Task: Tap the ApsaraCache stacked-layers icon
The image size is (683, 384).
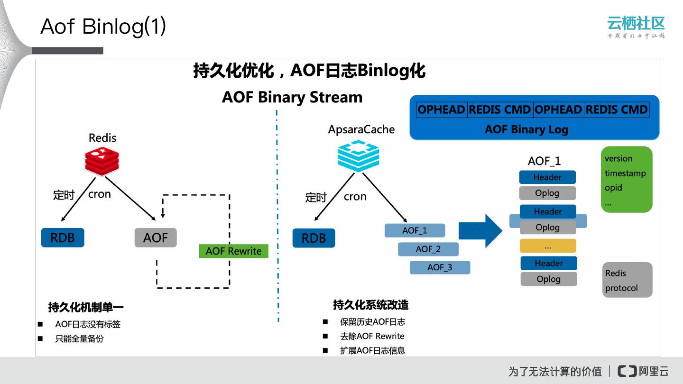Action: pos(358,157)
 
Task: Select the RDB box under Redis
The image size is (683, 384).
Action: pos(63,238)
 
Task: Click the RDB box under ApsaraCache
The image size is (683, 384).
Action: pos(314,238)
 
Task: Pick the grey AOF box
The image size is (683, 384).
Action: pos(156,238)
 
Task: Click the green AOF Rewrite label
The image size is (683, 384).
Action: pos(233,251)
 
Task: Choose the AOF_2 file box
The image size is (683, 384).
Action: pos(428,249)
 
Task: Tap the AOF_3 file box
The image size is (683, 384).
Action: pos(440,267)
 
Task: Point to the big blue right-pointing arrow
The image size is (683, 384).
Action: pos(480,230)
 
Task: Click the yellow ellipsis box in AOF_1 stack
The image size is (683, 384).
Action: pos(548,246)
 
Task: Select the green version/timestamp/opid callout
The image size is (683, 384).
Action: pos(626,180)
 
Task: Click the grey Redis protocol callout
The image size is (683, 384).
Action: pos(627,280)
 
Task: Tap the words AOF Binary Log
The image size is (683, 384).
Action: pos(526,129)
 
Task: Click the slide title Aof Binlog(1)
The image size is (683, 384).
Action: pos(103,27)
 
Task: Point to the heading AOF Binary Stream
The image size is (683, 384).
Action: pos(292,97)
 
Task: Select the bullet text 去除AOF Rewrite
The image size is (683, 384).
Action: pos(372,336)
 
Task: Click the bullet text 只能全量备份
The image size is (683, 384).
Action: pos(79,339)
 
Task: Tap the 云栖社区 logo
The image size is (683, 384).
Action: pos(636,27)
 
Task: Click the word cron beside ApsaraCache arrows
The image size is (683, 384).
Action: pos(355,197)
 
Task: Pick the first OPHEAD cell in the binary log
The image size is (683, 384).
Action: pos(441,110)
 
